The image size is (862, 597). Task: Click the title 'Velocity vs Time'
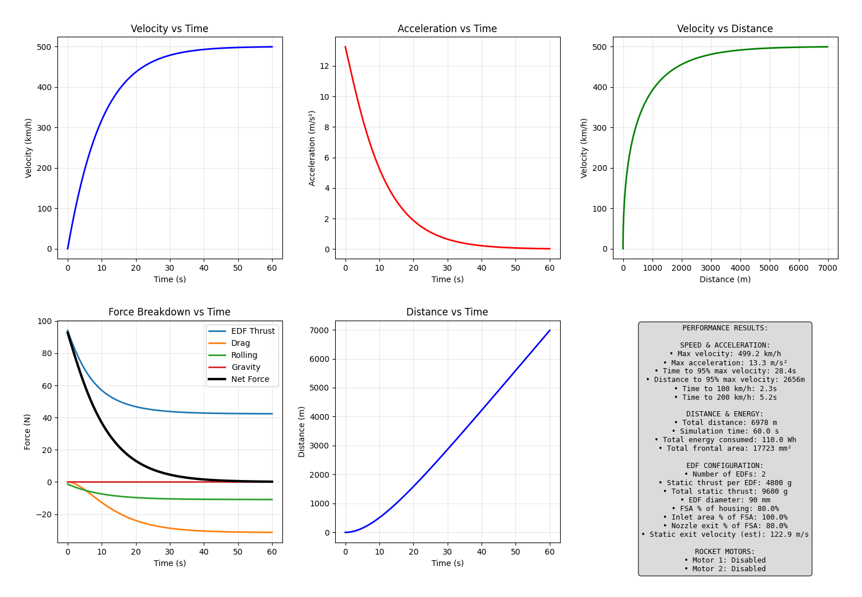(x=169, y=29)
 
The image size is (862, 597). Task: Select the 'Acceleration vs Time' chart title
(x=447, y=29)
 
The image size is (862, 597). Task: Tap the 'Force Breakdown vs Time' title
(x=169, y=312)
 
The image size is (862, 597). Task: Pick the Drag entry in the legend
(x=240, y=343)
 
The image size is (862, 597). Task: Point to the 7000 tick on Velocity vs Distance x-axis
(x=828, y=267)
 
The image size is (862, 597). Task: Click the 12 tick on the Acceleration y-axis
(x=324, y=66)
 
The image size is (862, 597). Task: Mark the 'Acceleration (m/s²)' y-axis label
(x=312, y=148)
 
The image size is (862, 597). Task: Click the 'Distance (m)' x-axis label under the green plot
(x=725, y=279)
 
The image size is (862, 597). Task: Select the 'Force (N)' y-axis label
(x=28, y=431)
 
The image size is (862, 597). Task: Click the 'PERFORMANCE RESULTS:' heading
(x=725, y=328)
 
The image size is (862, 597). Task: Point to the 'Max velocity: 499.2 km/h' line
(x=725, y=354)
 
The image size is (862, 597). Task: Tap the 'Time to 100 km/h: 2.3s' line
(x=725, y=388)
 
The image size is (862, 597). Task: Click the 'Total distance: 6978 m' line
(x=725, y=423)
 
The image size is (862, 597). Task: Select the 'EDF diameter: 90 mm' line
(x=725, y=500)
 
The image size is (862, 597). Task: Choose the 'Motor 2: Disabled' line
(x=725, y=569)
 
